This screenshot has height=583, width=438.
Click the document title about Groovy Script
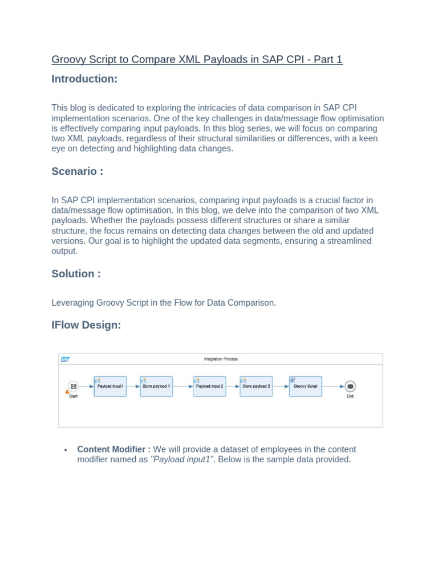tap(197, 59)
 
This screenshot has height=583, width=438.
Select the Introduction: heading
tap(84, 79)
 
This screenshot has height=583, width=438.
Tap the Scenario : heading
tap(78, 171)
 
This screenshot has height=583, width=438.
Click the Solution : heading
tap(76, 274)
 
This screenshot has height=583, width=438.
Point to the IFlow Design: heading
tap(86, 325)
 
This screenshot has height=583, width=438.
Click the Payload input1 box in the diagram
tap(110, 386)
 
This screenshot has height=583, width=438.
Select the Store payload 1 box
tap(156, 386)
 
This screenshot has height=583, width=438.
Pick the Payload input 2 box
tap(209, 386)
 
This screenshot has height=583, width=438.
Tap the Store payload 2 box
tap(256, 386)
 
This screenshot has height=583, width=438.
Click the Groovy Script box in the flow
tap(306, 386)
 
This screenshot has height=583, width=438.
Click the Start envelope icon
tap(73, 386)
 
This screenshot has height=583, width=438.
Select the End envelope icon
tap(350, 386)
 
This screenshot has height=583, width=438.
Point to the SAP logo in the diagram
tap(65, 359)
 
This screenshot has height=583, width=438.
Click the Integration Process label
tap(221, 359)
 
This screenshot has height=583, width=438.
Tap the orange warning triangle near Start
tap(67, 392)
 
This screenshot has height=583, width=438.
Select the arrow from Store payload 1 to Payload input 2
tap(182, 386)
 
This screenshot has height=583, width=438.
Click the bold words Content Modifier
tap(114, 449)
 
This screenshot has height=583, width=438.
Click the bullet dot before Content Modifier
tap(66, 450)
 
